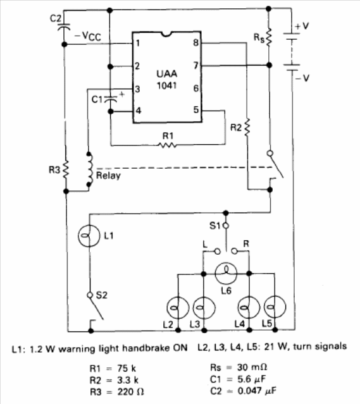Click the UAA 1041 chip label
tap(167, 80)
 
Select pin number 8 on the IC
tap(196, 42)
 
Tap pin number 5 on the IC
tap(196, 110)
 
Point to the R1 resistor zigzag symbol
tap(168, 146)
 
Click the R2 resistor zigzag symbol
tap(247, 128)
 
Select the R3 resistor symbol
tap(66, 169)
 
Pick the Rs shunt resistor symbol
tap(269, 37)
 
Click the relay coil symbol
tap(89, 169)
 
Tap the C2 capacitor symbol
tap(64, 27)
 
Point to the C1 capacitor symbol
tap(110, 99)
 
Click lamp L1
tap(89, 236)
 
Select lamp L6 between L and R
tap(226, 273)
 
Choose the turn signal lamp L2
tap(178, 307)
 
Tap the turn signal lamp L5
tap(275, 307)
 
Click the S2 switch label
tap(101, 295)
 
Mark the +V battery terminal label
tap(302, 26)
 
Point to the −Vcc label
tap(88, 36)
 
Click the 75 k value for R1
tap(127, 369)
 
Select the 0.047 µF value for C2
tap(257, 391)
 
